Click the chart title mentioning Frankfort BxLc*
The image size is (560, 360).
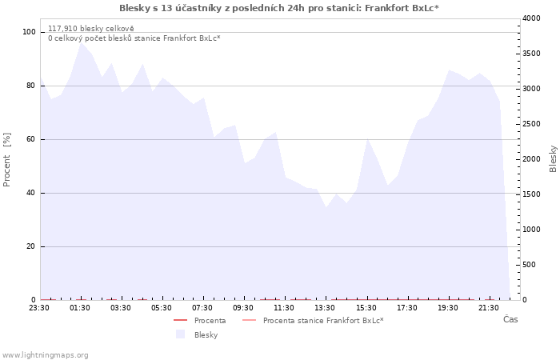coord(279,8)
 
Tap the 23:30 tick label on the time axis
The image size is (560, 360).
coord(39,308)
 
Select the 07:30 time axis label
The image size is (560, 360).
coord(202,308)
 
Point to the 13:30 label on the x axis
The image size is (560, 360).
coord(325,308)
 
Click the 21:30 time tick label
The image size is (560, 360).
coord(488,308)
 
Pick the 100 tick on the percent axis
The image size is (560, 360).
coord(29,32)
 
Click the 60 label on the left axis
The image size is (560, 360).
coord(30,139)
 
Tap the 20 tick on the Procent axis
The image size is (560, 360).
coord(30,246)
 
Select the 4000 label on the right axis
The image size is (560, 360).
coord(531,18)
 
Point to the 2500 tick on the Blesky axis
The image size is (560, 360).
coord(531,124)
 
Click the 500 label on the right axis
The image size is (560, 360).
coord(529,265)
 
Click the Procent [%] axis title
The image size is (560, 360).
coord(6,160)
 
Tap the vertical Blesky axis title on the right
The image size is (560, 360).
coord(553,159)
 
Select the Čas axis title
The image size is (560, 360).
coord(510,319)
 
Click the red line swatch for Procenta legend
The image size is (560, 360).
coord(180,320)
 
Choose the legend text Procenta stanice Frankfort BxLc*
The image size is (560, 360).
coord(323,321)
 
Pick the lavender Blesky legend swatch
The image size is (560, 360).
coord(180,334)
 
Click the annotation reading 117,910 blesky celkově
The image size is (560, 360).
coord(91,29)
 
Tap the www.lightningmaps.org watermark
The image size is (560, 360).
coord(45,355)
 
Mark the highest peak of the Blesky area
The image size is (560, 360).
coord(82,43)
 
